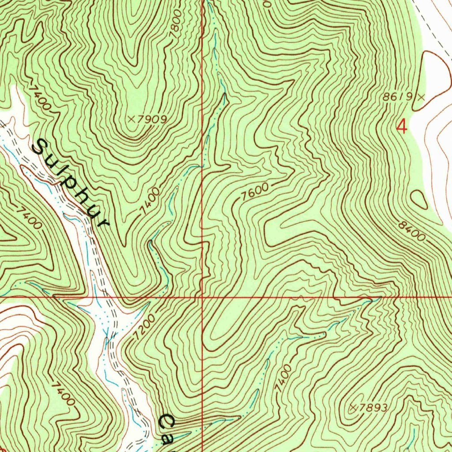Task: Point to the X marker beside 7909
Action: [131, 119]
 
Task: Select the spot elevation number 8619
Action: [397, 97]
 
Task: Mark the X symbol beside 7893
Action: [353, 408]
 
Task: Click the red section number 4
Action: [402, 127]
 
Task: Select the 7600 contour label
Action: [255, 192]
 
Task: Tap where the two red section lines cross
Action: [202, 297]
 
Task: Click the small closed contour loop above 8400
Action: [419, 200]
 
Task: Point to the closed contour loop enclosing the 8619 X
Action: [435, 71]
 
